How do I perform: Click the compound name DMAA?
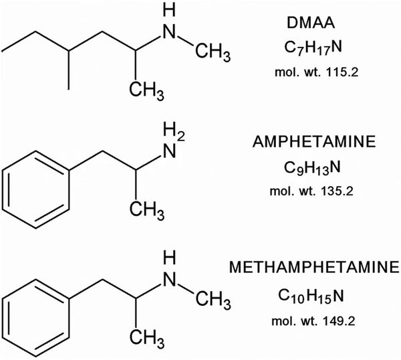pyautogui.click(x=311, y=23)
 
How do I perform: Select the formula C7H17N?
pyautogui.click(x=313, y=48)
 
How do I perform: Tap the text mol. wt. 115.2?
pyautogui.click(x=317, y=72)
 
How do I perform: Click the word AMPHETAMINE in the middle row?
pyautogui.click(x=314, y=142)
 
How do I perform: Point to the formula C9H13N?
pyautogui.click(x=312, y=169)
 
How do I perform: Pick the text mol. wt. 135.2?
pyautogui.click(x=311, y=191)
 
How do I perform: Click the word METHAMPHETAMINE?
pyautogui.click(x=314, y=267)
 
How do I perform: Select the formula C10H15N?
pyautogui.click(x=311, y=296)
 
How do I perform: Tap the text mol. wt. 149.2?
pyautogui.click(x=313, y=321)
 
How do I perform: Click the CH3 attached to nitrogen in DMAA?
pyautogui.click(x=213, y=52)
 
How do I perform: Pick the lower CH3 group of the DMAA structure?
pyautogui.click(x=146, y=90)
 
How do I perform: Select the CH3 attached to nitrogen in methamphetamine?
pyautogui.click(x=213, y=299)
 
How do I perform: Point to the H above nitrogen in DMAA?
pyautogui.click(x=170, y=11)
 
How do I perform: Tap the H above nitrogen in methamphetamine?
pyautogui.click(x=170, y=258)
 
